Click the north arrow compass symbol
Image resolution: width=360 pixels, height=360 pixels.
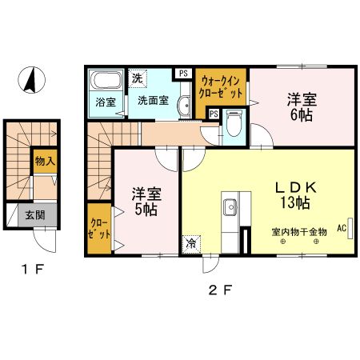coord(31,80)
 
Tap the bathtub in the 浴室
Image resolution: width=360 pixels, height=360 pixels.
coord(106,80)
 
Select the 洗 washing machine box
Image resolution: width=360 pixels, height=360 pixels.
coord(138,78)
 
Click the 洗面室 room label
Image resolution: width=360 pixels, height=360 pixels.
coord(153,101)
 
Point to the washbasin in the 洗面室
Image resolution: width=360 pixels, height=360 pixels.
coord(184,106)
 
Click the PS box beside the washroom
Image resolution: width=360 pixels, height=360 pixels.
coord(183,74)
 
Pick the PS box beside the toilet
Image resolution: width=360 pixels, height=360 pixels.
coord(214,114)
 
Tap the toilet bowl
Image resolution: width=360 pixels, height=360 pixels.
coord(234,122)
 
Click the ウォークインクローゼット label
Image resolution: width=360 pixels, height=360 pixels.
coord(221,87)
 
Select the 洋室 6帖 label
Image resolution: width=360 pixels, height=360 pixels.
coord(302,107)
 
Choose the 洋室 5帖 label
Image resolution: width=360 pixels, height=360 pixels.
coord(146,202)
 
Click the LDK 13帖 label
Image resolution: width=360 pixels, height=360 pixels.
coord(295,195)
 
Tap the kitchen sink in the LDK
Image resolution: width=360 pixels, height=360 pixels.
coord(230,207)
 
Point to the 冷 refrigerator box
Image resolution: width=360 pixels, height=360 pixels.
coord(191,244)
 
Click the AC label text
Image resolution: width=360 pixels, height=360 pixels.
coord(342,228)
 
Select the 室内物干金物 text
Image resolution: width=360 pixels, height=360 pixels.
coord(299,232)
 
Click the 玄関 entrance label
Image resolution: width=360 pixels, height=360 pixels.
coord(35,215)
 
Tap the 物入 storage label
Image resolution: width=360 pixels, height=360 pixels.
coord(45,161)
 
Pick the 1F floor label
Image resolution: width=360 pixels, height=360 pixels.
coord(32,270)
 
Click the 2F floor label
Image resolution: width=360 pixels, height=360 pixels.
coord(220,290)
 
